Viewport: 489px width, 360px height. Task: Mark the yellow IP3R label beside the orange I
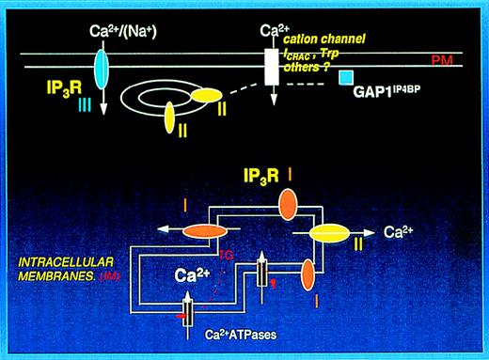224,178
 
